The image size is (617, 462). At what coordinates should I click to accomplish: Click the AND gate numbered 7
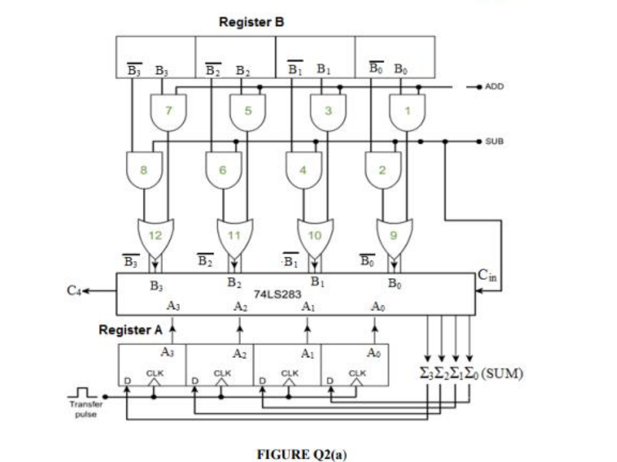pos(169,111)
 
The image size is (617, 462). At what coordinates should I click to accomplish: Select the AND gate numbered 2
pos(383,170)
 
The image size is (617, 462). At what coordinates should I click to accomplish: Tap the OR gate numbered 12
pos(154,235)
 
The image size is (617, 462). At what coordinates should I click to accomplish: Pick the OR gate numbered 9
pos(393,235)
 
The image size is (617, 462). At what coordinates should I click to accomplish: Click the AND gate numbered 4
pos(303,170)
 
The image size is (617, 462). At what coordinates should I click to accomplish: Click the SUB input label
pos(494,141)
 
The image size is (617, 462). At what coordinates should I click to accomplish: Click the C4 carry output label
pos(74,291)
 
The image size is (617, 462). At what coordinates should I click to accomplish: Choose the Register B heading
pos(251,22)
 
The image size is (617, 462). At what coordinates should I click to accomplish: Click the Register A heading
pos(131,330)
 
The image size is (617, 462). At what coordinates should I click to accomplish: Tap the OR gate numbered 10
pos(313,235)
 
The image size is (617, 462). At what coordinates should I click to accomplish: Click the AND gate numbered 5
pos(248,111)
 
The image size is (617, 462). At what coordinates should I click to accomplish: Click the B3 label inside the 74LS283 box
pos(154,286)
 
